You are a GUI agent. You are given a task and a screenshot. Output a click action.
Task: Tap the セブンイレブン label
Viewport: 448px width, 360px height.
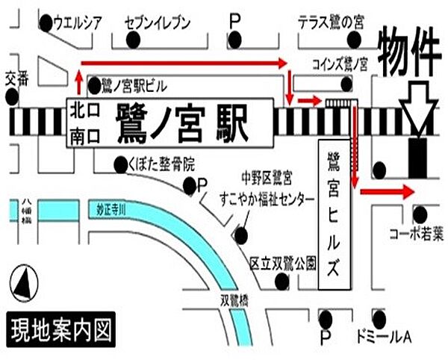pyautogui.click(x=158, y=23)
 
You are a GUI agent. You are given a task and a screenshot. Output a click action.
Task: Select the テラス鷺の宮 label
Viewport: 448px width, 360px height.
pyautogui.click(x=330, y=23)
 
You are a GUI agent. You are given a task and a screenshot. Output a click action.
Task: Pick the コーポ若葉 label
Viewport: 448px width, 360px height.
pyautogui.click(x=416, y=235)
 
